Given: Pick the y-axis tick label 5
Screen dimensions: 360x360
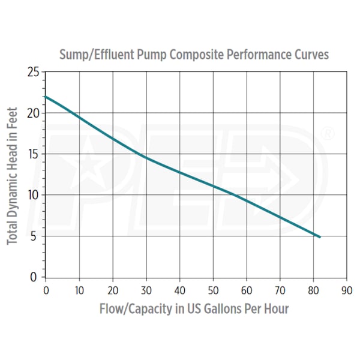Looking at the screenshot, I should point(37,236).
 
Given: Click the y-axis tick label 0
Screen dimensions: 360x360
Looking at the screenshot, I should point(37,277).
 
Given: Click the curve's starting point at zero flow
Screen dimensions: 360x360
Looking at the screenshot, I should point(46,97).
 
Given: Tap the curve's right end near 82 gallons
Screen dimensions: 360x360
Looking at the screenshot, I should point(319,237).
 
